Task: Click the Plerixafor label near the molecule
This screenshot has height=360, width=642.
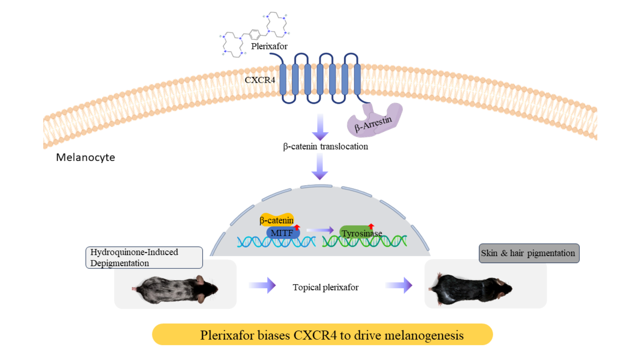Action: pyautogui.click(x=269, y=46)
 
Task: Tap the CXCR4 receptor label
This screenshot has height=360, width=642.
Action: pyautogui.click(x=260, y=80)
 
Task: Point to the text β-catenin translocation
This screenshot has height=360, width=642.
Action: pyautogui.click(x=326, y=147)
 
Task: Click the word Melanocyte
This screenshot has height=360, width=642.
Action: pyautogui.click(x=85, y=157)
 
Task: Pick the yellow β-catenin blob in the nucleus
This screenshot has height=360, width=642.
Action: pyautogui.click(x=276, y=219)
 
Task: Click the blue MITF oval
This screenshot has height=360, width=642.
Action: pyautogui.click(x=282, y=233)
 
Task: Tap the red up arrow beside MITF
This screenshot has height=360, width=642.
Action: pyautogui.click(x=297, y=227)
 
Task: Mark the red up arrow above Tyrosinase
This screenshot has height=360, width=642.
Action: pyautogui.click(x=371, y=226)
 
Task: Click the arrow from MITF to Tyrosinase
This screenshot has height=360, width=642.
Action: pyautogui.click(x=320, y=230)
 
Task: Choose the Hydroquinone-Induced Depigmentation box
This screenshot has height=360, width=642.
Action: pyautogui.click(x=144, y=257)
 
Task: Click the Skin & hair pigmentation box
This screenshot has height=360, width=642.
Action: pyautogui.click(x=529, y=253)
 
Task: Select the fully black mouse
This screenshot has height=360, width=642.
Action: pyautogui.click(x=471, y=289)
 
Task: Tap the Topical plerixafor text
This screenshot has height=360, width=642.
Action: pyautogui.click(x=326, y=287)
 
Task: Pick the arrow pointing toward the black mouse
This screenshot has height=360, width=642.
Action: pyautogui.click(x=399, y=285)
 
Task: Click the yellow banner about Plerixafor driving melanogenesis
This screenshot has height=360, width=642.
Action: pyautogui.click(x=322, y=335)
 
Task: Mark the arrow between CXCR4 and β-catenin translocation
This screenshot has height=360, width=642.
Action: pyautogui.click(x=320, y=127)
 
